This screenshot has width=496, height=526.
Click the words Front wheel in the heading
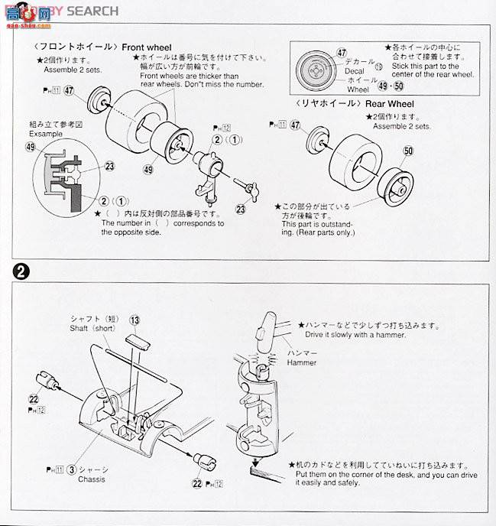point(148,47)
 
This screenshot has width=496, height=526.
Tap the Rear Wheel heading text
point(387,102)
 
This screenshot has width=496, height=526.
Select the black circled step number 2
point(18,271)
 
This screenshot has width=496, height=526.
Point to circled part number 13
point(135,320)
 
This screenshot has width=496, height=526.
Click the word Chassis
point(91,479)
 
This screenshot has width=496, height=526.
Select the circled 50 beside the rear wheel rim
point(408,151)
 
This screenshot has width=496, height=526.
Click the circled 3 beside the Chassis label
point(70,469)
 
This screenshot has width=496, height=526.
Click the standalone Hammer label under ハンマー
point(302,362)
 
